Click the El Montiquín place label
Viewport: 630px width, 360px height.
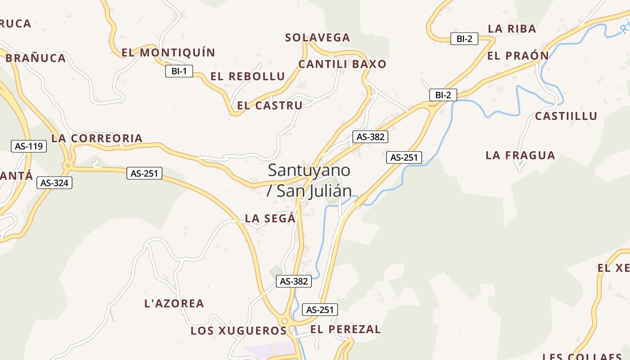(x=168, y=53)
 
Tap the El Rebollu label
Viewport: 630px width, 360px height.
(x=247, y=76)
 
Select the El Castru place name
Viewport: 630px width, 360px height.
(x=270, y=106)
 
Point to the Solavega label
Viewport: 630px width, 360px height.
(x=317, y=38)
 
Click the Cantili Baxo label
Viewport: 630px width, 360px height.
(x=342, y=64)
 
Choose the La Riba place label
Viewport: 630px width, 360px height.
(x=512, y=29)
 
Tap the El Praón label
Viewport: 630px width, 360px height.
(x=517, y=56)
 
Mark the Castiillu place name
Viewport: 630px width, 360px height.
(x=566, y=116)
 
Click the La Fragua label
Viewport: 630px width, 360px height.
(x=520, y=156)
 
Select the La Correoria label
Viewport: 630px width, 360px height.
(x=97, y=138)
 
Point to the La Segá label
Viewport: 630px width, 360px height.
(x=270, y=219)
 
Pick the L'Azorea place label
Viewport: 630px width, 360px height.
(x=174, y=304)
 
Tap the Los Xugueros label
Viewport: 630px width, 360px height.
(x=238, y=331)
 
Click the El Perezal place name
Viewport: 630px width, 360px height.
(x=345, y=329)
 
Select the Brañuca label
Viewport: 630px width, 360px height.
(x=36, y=58)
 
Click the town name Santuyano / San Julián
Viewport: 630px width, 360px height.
(x=309, y=180)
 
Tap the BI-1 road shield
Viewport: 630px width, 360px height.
(x=179, y=71)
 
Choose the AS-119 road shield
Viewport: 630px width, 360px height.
(x=29, y=146)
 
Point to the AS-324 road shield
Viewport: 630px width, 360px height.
(x=54, y=183)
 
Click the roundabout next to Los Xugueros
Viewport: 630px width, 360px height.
(x=284, y=321)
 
